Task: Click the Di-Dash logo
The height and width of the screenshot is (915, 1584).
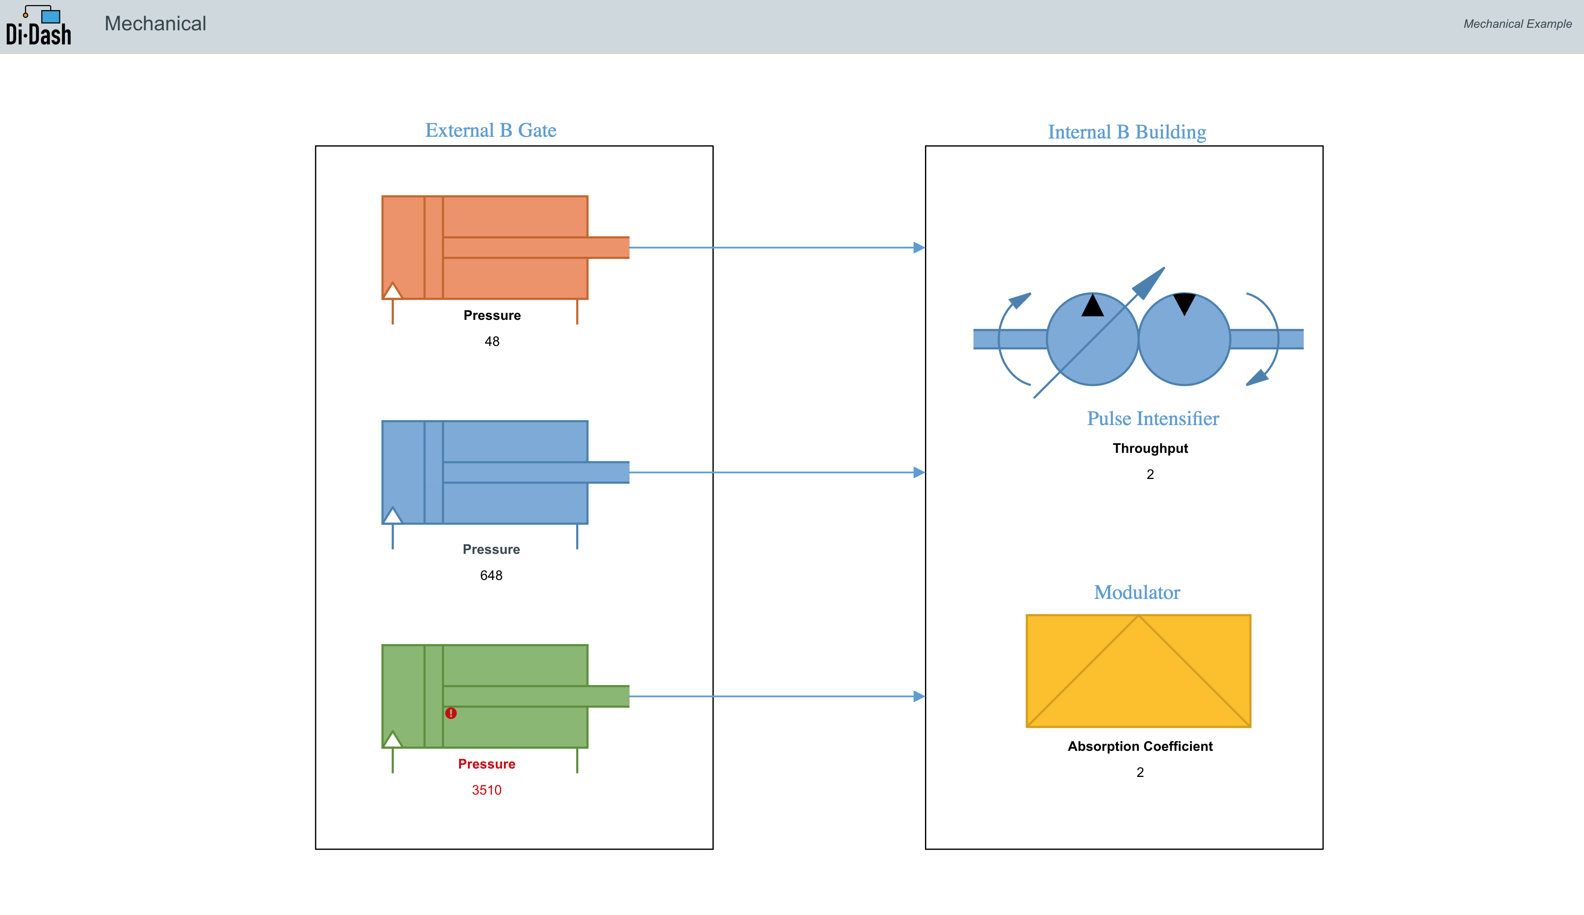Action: pyautogui.click(x=38, y=26)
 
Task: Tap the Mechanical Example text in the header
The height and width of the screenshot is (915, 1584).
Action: pyautogui.click(x=1518, y=24)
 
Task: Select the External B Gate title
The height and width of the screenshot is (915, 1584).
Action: pyautogui.click(x=491, y=130)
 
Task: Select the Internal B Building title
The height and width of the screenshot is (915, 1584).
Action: pyautogui.click(x=1127, y=132)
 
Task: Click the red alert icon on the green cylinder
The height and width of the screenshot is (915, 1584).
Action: pyautogui.click(x=451, y=713)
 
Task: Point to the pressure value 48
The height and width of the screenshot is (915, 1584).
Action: pyautogui.click(x=492, y=341)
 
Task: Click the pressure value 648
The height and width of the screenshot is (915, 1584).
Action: pyautogui.click(x=492, y=576)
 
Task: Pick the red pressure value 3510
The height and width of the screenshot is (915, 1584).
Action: pyautogui.click(x=487, y=790)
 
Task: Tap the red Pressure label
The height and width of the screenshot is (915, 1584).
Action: pyautogui.click(x=487, y=764)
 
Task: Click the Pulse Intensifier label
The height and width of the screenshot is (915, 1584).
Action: pyautogui.click(x=1153, y=418)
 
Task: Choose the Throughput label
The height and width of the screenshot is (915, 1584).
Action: pyautogui.click(x=1151, y=449)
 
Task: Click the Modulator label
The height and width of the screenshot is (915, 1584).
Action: pyautogui.click(x=1137, y=593)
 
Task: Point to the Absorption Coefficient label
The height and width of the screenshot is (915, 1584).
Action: pyautogui.click(x=1140, y=747)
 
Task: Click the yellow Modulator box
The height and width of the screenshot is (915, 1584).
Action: pyautogui.click(x=1138, y=671)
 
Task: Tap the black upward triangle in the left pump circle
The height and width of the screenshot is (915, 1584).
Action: pyautogui.click(x=1092, y=306)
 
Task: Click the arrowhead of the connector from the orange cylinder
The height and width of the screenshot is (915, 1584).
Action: pyautogui.click(x=919, y=247)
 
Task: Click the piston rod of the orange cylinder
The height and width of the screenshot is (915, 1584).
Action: pyautogui.click(x=536, y=247)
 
